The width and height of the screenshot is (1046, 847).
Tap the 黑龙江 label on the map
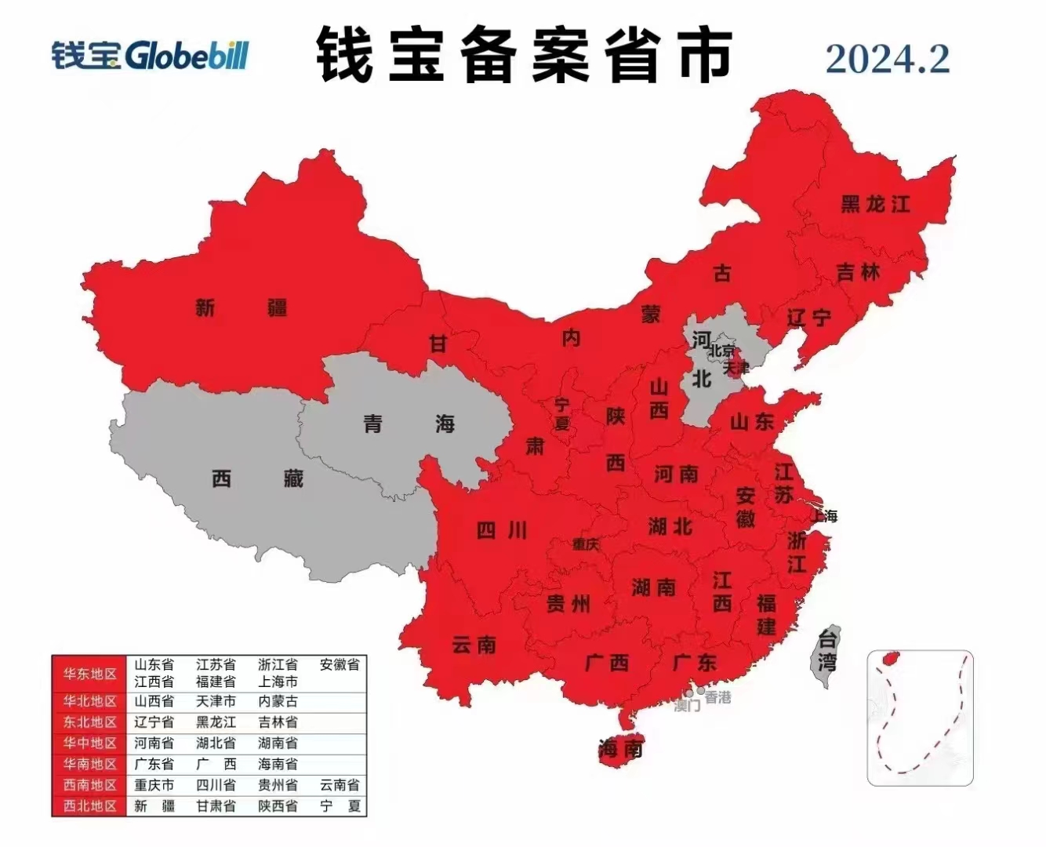click(x=875, y=205)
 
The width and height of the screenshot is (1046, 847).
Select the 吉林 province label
click(x=858, y=273)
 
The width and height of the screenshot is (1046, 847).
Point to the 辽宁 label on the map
click(x=808, y=318)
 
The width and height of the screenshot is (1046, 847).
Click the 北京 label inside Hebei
click(x=722, y=351)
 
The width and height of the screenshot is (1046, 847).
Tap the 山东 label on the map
click(x=752, y=422)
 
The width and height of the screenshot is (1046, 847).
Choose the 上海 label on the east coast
click(x=824, y=515)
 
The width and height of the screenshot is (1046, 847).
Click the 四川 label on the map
click(x=502, y=531)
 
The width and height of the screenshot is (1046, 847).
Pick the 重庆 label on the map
click(x=585, y=543)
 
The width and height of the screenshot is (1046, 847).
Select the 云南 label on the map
click(x=474, y=645)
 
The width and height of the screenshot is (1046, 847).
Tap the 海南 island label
click(x=620, y=750)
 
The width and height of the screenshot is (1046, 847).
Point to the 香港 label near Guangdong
click(x=717, y=696)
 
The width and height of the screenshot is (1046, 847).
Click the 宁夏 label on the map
click(x=562, y=414)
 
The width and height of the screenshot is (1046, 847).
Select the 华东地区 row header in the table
click(x=89, y=674)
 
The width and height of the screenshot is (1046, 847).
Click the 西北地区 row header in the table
click(x=89, y=805)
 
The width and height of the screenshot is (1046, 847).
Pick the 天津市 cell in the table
click(x=216, y=701)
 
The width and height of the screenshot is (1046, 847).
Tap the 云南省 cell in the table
click(x=340, y=784)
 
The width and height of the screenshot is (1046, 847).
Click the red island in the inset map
click(x=890, y=659)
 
